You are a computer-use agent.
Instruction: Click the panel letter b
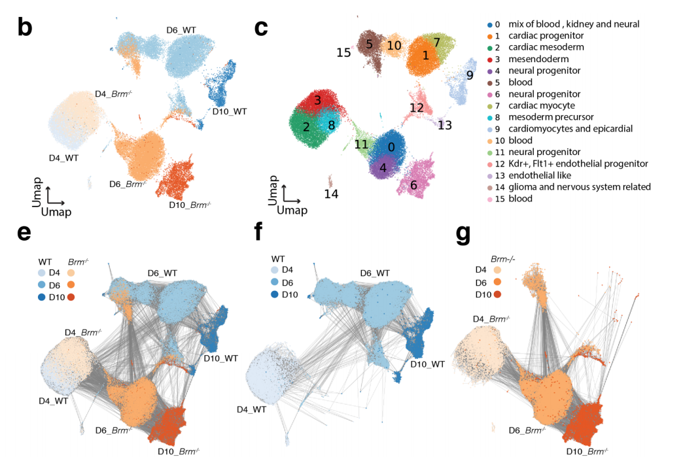click(x=24, y=27)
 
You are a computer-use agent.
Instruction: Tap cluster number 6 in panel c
click(x=413, y=185)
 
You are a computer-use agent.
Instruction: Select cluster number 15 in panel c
click(x=343, y=52)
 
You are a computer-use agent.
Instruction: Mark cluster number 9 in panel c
click(x=470, y=75)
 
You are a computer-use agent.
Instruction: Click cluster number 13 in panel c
click(x=445, y=124)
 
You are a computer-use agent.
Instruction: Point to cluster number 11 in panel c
click(x=361, y=144)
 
